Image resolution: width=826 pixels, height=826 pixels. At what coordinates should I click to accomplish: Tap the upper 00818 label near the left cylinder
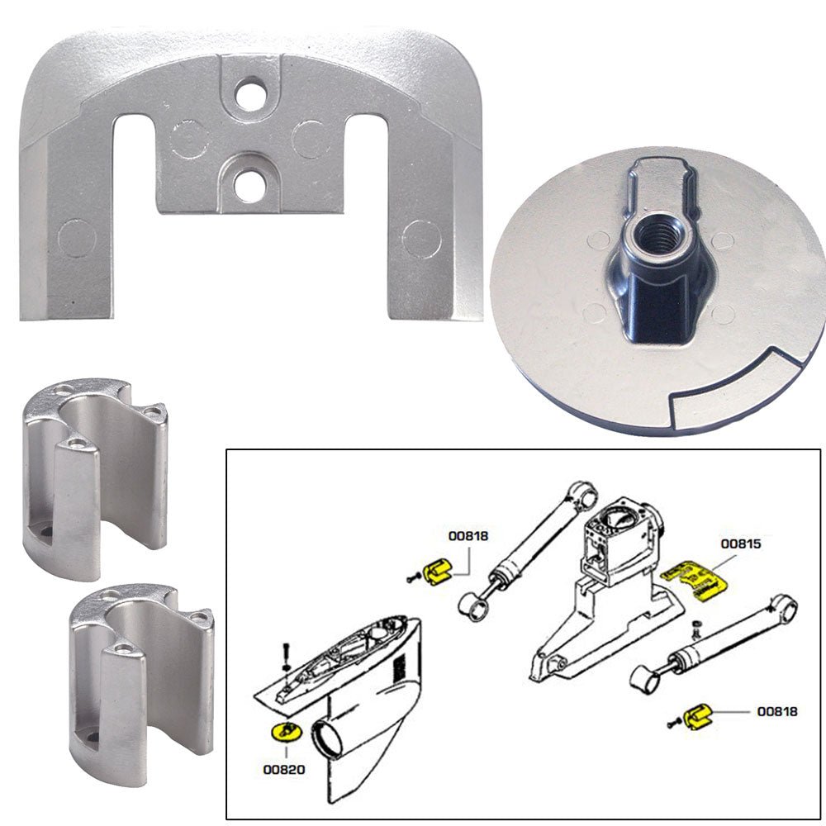[468, 535]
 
